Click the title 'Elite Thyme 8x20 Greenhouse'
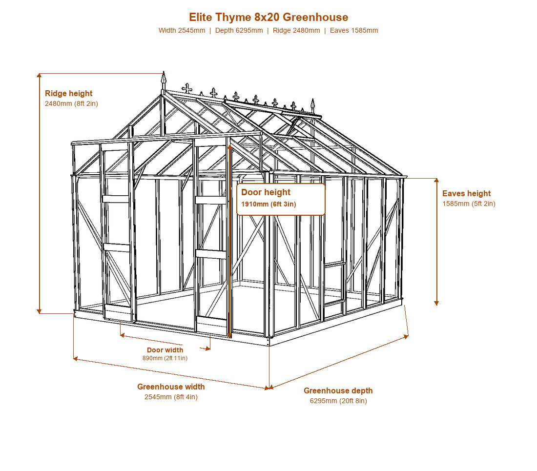pyautogui.click(x=268, y=17)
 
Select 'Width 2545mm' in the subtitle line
pyautogui.click(x=182, y=30)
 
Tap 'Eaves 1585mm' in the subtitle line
pyautogui.click(x=354, y=30)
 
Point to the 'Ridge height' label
pyautogui.click(x=68, y=93)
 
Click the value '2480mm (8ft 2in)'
pyautogui.click(x=71, y=103)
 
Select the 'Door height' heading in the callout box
pyautogui.click(x=266, y=192)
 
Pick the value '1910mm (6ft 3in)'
pyautogui.click(x=268, y=205)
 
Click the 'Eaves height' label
pyautogui.click(x=466, y=193)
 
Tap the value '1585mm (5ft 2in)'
pyautogui.click(x=469, y=204)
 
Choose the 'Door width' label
pyautogui.click(x=165, y=350)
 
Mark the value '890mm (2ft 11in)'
pyautogui.click(x=165, y=358)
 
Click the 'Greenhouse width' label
pyautogui.click(x=171, y=387)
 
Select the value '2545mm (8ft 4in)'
pyautogui.click(x=171, y=397)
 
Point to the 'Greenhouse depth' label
pyautogui.click(x=338, y=390)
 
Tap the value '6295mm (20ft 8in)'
pyautogui.click(x=338, y=401)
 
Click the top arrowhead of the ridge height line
pyautogui.click(x=40, y=75)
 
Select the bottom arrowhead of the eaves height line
pyautogui.click(x=436, y=303)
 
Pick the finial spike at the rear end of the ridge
pyautogui.click(x=312, y=105)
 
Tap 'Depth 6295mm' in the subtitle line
pyautogui.click(x=239, y=30)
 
